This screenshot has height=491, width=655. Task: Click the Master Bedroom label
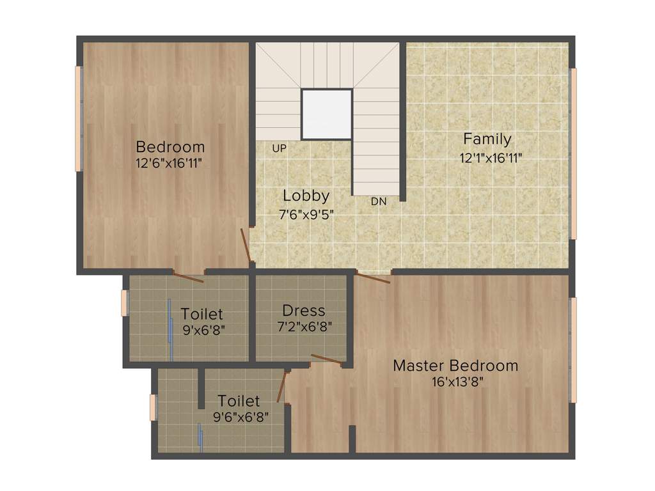(x=455, y=366)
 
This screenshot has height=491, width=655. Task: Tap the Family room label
(x=487, y=139)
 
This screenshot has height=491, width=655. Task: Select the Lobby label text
(x=306, y=196)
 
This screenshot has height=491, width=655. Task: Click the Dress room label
(x=304, y=311)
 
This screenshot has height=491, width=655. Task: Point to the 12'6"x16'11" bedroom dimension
(x=169, y=163)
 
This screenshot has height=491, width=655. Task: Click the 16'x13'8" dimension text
(x=457, y=382)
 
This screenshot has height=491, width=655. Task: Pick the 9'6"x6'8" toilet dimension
(x=241, y=417)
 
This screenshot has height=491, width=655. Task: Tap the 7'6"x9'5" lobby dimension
(x=306, y=215)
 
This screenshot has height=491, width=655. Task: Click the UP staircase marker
(x=279, y=148)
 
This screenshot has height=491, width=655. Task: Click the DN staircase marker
(x=379, y=201)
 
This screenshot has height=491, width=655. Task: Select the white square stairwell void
(x=326, y=114)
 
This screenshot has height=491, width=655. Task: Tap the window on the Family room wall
(x=574, y=153)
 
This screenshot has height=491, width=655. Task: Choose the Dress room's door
(x=326, y=359)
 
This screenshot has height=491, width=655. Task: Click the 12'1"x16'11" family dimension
(x=491, y=158)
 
